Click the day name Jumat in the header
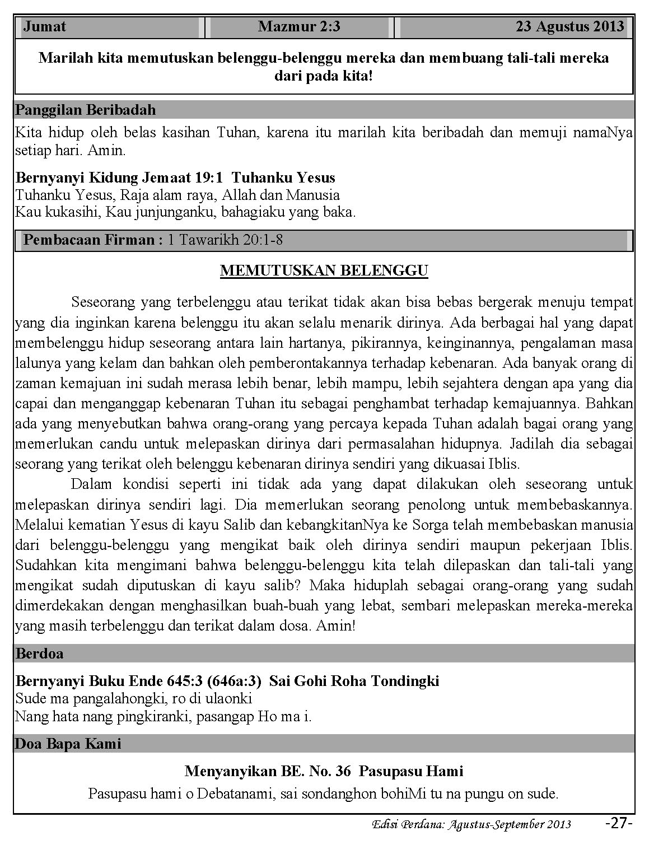(x=44, y=27)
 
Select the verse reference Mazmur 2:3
(x=299, y=27)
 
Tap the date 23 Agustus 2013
(x=569, y=27)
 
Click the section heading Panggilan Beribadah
(x=86, y=110)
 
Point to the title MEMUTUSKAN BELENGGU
(x=324, y=271)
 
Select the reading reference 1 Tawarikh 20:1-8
(x=225, y=240)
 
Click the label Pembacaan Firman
(x=93, y=240)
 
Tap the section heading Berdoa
(x=40, y=653)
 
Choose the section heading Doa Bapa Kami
(x=68, y=744)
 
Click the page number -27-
(x=619, y=823)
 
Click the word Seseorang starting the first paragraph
(x=104, y=303)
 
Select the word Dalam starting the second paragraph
(x=92, y=484)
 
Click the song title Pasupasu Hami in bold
(x=411, y=771)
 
